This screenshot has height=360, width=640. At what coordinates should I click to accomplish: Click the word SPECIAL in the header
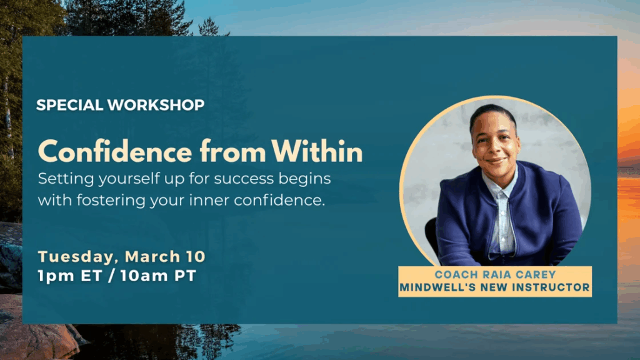69,105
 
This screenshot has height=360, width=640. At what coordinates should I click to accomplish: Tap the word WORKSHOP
156,105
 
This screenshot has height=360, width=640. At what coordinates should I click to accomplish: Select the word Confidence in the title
115,151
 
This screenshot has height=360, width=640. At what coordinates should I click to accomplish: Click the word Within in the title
317,151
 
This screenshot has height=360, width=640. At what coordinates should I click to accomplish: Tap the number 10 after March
196,257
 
